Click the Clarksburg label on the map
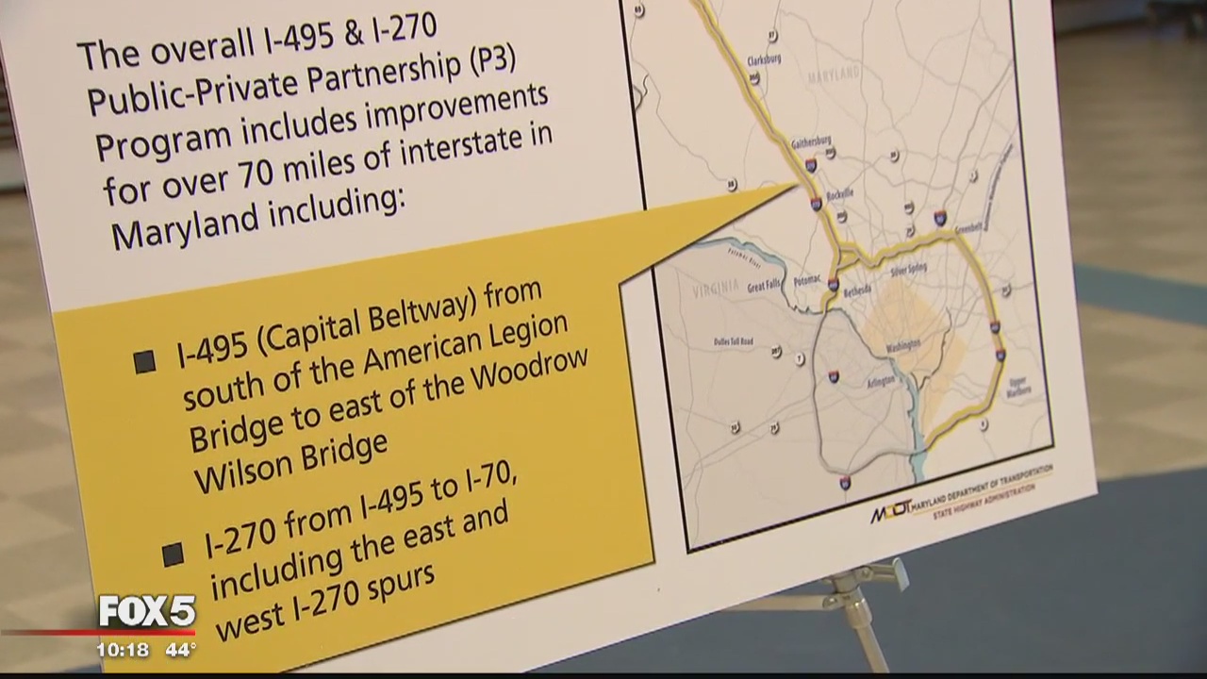764,59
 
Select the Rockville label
839,193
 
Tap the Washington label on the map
902,348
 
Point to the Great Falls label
766,287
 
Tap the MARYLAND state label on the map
834,74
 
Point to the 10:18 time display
123,650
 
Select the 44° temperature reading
179,650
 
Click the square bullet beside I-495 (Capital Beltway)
144,361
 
